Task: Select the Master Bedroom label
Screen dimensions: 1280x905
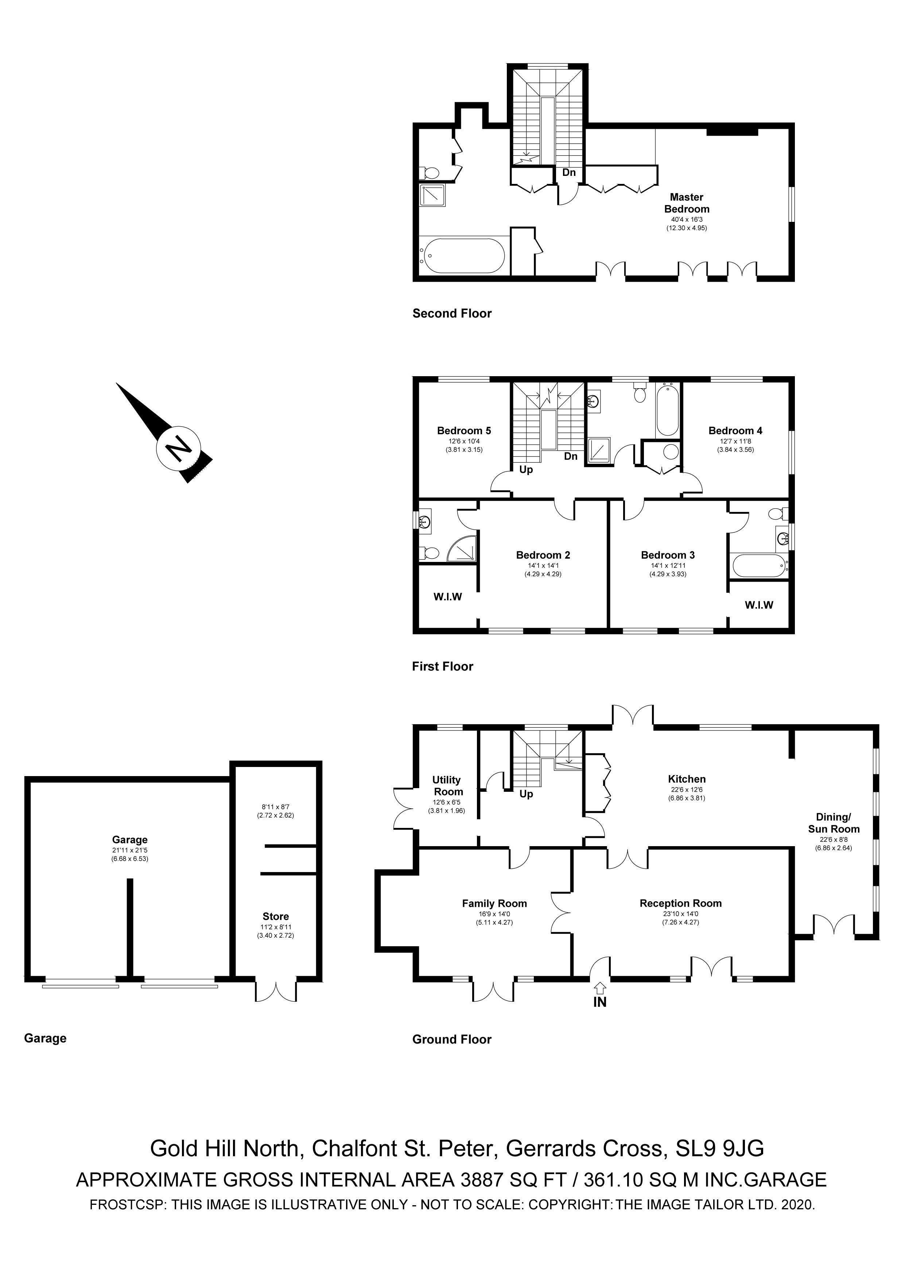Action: point(687,203)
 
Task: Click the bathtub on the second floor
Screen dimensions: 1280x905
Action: point(464,256)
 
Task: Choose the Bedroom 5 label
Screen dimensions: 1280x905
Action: point(464,431)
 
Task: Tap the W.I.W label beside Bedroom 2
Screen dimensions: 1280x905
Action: point(447,597)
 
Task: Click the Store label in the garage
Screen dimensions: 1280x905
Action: point(276,917)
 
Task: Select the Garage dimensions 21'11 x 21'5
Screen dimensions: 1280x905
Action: point(129,850)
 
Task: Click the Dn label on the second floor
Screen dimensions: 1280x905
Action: point(568,172)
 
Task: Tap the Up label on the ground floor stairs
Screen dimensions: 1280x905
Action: point(526,794)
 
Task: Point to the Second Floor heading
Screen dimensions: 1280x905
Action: point(452,313)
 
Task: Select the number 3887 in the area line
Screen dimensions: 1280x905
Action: point(485,1179)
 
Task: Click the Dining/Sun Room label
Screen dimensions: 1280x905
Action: point(833,823)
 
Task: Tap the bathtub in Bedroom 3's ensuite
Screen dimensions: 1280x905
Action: point(757,566)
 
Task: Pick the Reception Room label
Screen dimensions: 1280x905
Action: point(680,903)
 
